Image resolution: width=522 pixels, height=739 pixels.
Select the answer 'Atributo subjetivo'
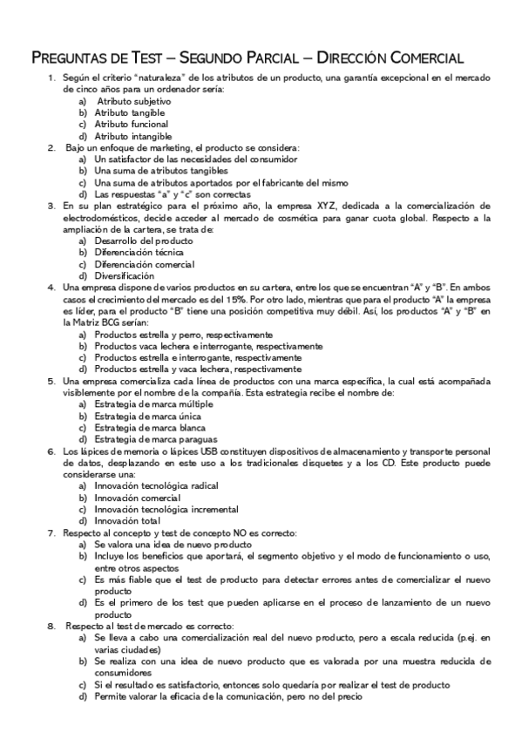(x=133, y=101)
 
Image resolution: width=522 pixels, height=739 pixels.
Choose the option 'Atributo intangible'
(x=133, y=136)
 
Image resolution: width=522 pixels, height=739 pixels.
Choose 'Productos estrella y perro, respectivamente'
(x=183, y=334)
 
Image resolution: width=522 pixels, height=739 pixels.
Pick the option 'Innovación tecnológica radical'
(x=156, y=485)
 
